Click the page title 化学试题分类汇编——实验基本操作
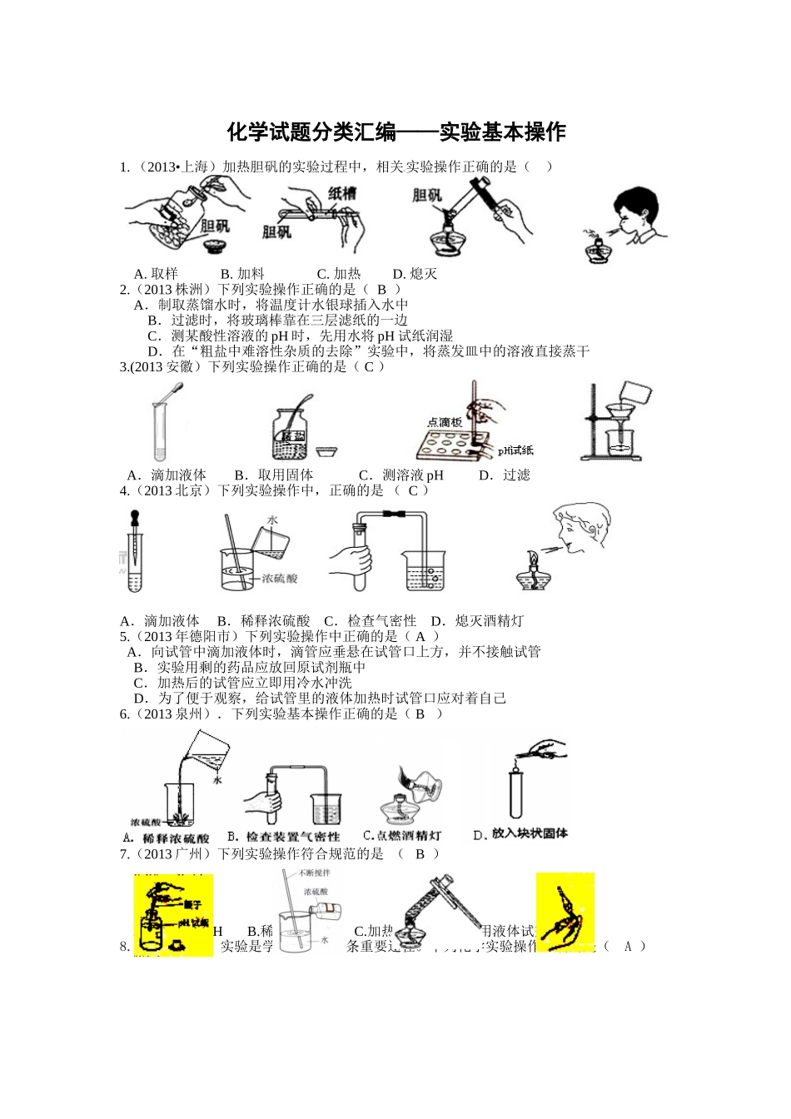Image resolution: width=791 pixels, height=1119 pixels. coord(395,132)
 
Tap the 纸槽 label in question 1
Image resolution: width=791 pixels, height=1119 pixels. coord(341,194)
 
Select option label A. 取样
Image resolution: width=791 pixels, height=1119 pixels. coord(156,274)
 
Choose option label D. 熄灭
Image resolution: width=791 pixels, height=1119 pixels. coord(414,274)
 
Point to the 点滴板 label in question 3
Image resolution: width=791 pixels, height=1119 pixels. coord(445,422)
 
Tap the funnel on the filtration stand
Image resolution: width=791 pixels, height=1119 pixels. coord(618,414)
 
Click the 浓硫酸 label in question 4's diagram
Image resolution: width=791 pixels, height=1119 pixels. coord(279,578)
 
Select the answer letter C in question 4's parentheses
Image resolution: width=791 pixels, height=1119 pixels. coord(412,490)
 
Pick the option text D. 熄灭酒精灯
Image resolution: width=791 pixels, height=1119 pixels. coord(477,621)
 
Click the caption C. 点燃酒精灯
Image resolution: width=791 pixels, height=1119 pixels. coord(402,836)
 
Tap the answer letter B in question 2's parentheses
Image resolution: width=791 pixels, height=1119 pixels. coord(382,290)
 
